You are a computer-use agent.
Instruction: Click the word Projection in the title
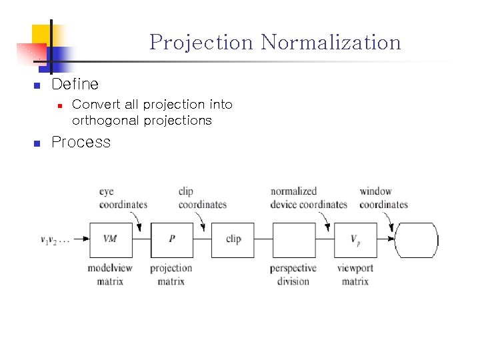tap(202, 43)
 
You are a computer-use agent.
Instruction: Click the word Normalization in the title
tap(331, 43)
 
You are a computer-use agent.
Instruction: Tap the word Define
tap(75, 84)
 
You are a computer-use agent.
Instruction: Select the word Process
tap(81, 142)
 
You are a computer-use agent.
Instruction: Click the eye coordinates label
tap(122, 198)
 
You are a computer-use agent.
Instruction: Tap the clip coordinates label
tap(202, 198)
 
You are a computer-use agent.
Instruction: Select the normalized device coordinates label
tap(308, 198)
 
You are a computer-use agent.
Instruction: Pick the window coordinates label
tap(383, 198)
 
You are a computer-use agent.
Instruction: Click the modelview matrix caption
tap(110, 275)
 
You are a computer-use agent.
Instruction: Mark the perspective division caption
tap(293, 275)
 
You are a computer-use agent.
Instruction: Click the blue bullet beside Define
tap(37, 85)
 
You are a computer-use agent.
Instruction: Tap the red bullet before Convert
tap(60, 105)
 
